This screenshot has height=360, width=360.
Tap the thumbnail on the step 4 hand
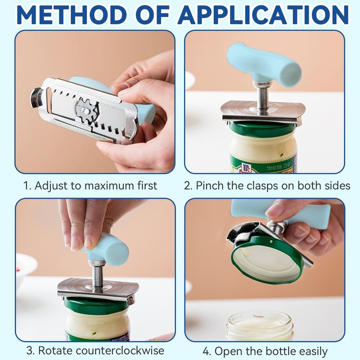click(x=274, y=210)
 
